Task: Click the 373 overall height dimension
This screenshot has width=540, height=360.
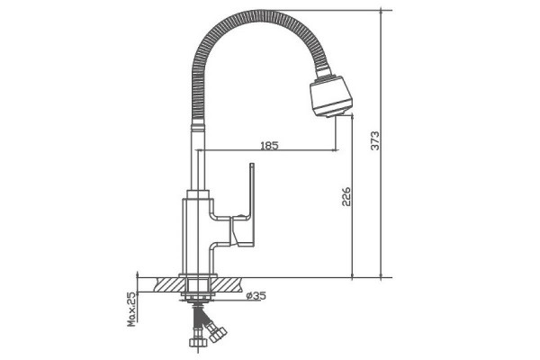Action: pyautogui.click(x=375, y=140)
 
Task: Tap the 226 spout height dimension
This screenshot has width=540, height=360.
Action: pyautogui.click(x=346, y=196)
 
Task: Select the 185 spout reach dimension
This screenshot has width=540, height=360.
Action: pyautogui.click(x=269, y=146)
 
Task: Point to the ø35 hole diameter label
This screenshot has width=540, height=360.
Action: pyautogui.click(x=256, y=295)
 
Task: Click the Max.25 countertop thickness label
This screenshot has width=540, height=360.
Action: pyautogui.click(x=131, y=309)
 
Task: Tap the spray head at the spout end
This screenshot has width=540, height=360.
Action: pyautogui.click(x=330, y=95)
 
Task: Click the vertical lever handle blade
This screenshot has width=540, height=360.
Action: pyautogui.click(x=252, y=204)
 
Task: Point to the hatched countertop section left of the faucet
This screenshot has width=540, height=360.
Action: pyautogui.click(x=170, y=285)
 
